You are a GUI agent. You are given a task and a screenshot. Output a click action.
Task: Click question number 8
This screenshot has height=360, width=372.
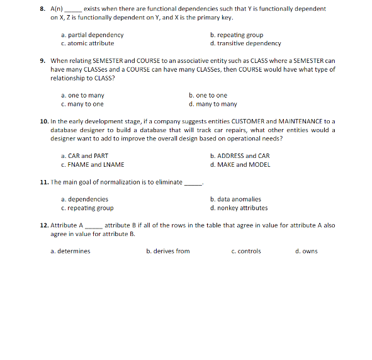(42, 9)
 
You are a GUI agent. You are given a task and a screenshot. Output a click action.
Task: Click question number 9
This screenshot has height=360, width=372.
(42, 61)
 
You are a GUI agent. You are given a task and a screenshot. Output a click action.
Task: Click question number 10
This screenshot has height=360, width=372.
(43, 121)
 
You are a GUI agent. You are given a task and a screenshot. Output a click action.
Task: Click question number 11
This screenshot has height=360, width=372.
(43, 182)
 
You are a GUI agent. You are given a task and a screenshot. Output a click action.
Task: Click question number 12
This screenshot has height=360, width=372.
(43, 225)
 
